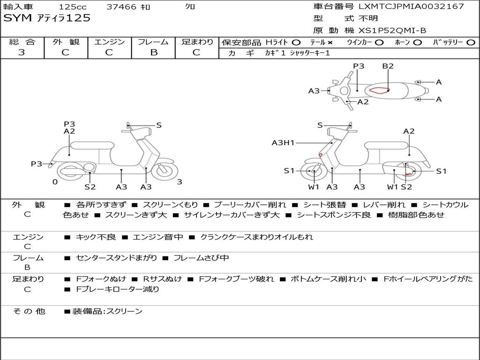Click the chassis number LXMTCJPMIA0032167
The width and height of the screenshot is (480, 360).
pos(411,6)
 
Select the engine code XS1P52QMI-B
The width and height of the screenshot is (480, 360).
pos(392,30)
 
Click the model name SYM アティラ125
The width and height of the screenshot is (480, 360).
pos(47,18)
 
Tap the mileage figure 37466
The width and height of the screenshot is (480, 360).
pos(121,7)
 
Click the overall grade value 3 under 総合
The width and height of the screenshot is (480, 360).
pos(22,52)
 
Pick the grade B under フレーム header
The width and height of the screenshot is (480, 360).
pos(154,52)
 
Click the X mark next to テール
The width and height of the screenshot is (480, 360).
pos(330,43)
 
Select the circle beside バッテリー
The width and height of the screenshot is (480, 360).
pos(471,43)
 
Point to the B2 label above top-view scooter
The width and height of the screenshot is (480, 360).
pos(388,66)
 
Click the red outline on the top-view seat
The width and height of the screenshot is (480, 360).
pos(379,90)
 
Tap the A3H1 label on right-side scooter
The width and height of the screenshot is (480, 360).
pos(283,142)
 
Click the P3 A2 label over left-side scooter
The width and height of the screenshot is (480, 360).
pos(69,127)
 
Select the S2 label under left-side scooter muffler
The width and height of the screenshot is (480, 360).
pos(90,187)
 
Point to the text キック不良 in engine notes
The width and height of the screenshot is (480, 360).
pos(96,237)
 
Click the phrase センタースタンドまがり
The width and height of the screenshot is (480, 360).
pos(116,258)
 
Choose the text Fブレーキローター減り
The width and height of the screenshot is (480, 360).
pos(118,289)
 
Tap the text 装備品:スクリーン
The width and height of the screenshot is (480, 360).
pos(107,311)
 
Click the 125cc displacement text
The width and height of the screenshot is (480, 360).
pos(73,7)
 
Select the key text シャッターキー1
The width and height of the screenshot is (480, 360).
pos(310,53)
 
